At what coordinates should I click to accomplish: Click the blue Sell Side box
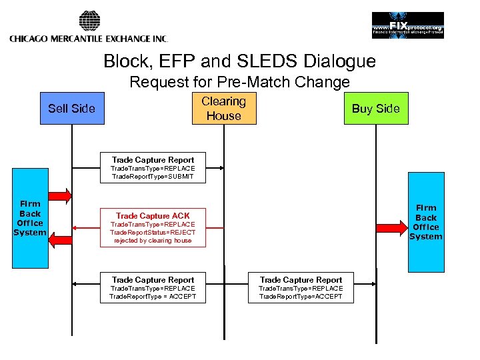click(x=71, y=109)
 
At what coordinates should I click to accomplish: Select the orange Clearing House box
click(x=223, y=109)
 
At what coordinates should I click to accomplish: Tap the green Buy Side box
click(x=375, y=109)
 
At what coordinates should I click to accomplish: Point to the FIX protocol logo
click(x=407, y=25)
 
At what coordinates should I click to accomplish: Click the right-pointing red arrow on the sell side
click(x=61, y=195)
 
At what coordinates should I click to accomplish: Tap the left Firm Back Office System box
click(x=30, y=218)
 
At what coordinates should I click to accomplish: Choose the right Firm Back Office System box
click(x=425, y=222)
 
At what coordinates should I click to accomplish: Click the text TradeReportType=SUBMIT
click(x=153, y=177)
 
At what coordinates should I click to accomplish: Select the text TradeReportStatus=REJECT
click(x=153, y=233)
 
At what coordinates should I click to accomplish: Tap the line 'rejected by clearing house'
click(x=153, y=241)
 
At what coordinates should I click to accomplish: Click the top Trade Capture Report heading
click(x=153, y=160)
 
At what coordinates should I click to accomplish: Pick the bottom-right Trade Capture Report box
click(x=301, y=287)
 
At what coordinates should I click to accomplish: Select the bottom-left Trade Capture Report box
click(x=153, y=287)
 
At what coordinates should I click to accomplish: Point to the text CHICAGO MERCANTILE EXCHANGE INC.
click(x=88, y=39)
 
